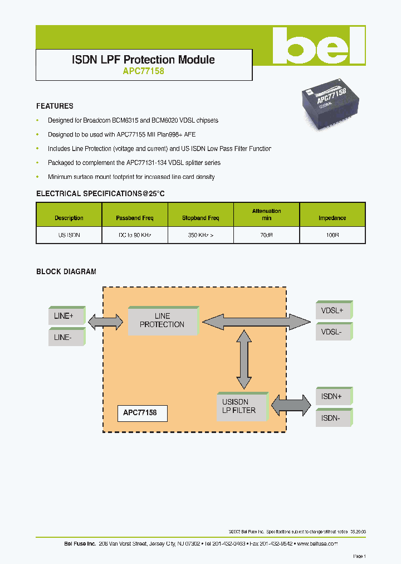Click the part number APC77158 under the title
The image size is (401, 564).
(x=143, y=71)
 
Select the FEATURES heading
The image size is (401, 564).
(x=55, y=106)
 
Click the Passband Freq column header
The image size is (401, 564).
(x=134, y=218)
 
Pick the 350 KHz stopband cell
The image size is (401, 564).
(x=200, y=235)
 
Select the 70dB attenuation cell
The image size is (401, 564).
(x=266, y=235)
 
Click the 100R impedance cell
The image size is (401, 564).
(x=332, y=235)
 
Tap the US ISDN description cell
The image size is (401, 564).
(x=69, y=235)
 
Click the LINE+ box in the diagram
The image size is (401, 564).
(x=66, y=315)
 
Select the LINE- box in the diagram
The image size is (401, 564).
(x=66, y=337)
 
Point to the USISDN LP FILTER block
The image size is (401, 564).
(x=241, y=406)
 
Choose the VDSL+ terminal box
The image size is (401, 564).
(x=334, y=310)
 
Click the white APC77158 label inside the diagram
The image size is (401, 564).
(x=141, y=413)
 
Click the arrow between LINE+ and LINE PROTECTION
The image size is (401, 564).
(x=105, y=321)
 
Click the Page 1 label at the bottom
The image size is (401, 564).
(x=359, y=556)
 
